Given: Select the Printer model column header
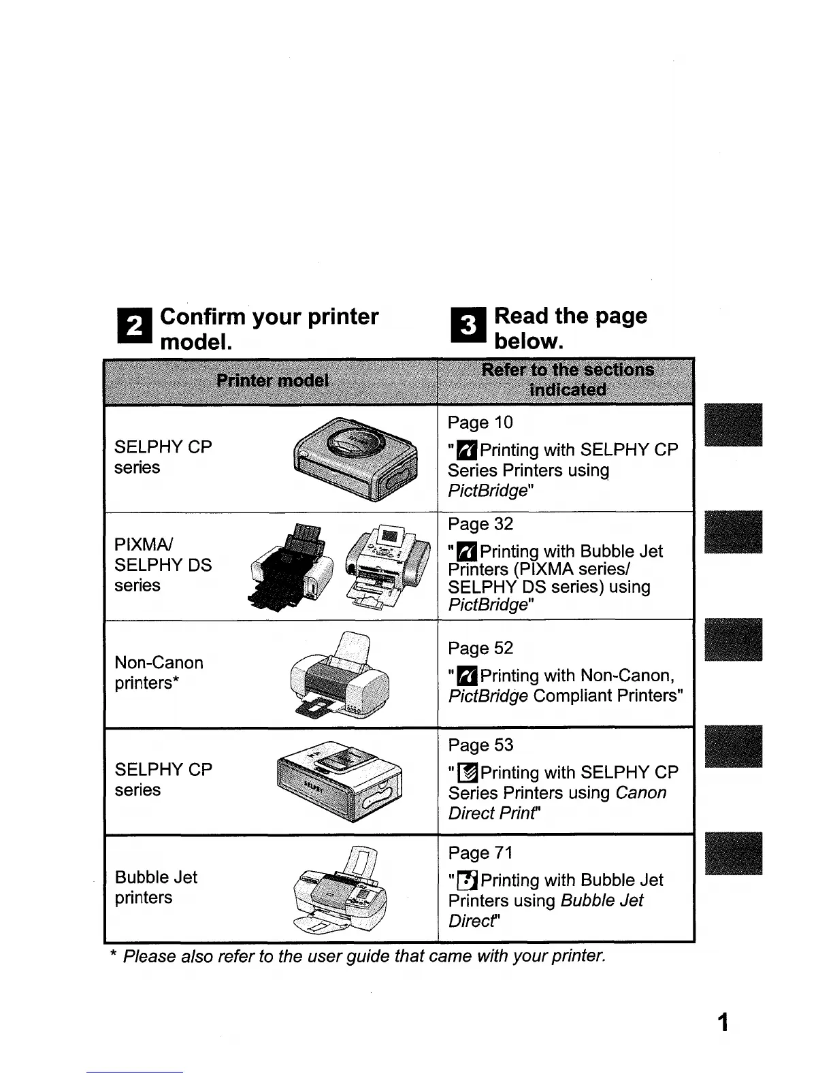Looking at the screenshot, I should coord(272,380).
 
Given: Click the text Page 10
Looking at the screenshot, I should coord(480,423).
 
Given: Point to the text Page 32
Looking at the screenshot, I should coord(480,524).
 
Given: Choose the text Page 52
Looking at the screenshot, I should coord(480,648).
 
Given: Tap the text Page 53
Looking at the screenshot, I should coord(480,745).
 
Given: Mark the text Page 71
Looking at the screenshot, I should coord(480,853).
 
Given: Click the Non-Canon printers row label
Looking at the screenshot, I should coord(159,672).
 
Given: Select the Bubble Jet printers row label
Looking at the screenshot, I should coord(156,887).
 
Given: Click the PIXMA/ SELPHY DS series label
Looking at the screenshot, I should coord(163,565).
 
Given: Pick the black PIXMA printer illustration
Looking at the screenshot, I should coord(291,565).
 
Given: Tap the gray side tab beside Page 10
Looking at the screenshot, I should coord(734,425).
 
